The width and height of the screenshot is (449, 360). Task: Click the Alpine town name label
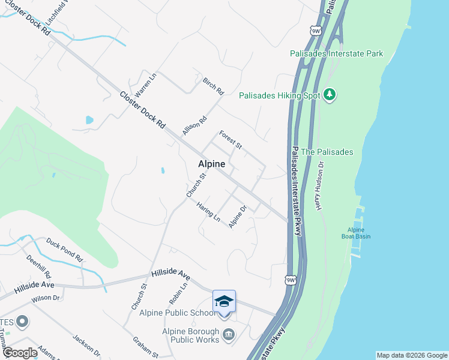[212, 164]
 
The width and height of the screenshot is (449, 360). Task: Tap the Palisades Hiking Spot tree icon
[329, 95]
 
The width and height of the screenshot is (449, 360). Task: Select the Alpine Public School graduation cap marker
[224, 301]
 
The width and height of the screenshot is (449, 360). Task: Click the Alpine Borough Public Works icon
[228, 335]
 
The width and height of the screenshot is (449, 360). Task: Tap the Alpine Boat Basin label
[359, 233]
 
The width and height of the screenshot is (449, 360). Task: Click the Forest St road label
[231, 140]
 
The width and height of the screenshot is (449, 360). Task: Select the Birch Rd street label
[213, 86]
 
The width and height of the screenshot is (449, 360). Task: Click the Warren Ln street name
[145, 85]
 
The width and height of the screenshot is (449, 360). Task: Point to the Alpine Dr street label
[238, 217]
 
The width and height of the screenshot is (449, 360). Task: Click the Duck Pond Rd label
[64, 248]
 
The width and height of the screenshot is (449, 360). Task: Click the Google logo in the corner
[19, 353]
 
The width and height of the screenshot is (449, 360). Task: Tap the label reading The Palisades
[327, 152]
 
